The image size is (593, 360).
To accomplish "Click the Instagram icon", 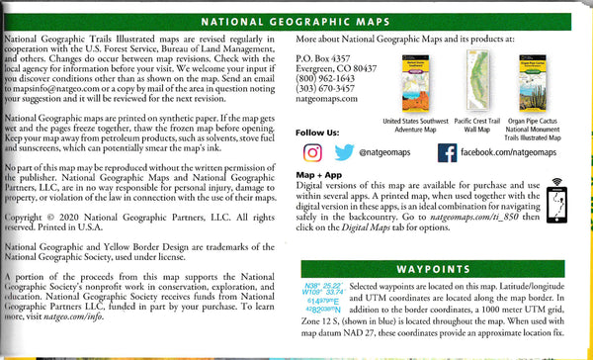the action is click(x=311, y=152).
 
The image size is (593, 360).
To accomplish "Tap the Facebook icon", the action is click(x=447, y=152).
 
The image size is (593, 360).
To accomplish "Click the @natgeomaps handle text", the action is click(x=385, y=153).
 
